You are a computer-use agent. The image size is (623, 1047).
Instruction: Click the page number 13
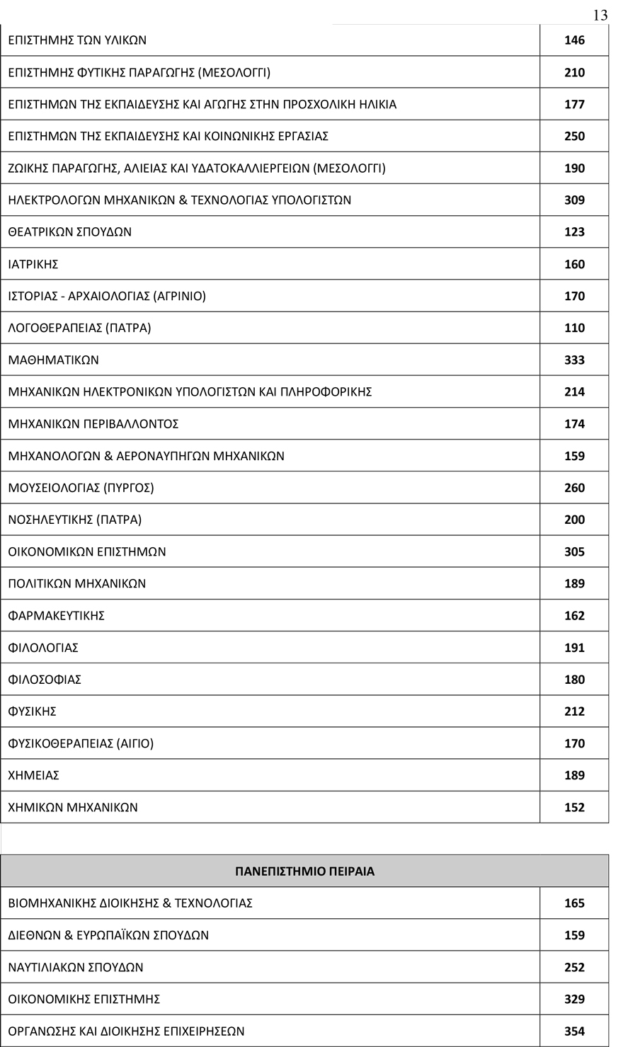pyautogui.click(x=600, y=16)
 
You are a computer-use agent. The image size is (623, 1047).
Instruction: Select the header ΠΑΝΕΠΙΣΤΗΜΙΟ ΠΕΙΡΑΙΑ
pyautogui.click(x=304, y=871)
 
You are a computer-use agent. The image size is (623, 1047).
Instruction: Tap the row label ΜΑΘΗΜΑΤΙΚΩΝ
pyautogui.click(x=53, y=360)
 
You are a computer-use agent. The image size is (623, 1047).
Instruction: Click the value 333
pyautogui.click(x=574, y=360)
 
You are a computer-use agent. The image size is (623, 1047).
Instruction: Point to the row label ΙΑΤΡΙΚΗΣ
pyautogui.click(x=33, y=264)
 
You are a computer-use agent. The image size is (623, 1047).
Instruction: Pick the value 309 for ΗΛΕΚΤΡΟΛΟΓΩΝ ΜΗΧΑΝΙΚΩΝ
pyautogui.click(x=574, y=200)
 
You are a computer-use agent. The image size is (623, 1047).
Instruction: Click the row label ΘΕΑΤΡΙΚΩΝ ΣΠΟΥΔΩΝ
pyautogui.click(x=69, y=231)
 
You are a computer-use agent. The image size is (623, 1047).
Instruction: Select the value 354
pyautogui.click(x=574, y=1031)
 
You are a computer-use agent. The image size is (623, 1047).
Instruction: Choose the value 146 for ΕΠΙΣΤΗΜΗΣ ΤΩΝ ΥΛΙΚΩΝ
pyautogui.click(x=574, y=40)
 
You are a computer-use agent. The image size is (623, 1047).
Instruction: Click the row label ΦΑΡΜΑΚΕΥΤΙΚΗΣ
pyautogui.click(x=56, y=615)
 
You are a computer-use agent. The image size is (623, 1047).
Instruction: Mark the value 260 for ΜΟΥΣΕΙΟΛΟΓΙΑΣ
pyautogui.click(x=574, y=488)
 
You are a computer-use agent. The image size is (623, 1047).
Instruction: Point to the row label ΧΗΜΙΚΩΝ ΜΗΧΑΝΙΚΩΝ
pyautogui.click(x=73, y=807)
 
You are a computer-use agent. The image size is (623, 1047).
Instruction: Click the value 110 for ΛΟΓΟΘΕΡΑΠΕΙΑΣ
pyautogui.click(x=574, y=328)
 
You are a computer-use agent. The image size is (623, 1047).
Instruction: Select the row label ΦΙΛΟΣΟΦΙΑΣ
pyautogui.click(x=45, y=680)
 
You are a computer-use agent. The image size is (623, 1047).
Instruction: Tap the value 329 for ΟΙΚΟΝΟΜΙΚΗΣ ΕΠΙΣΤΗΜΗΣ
pyautogui.click(x=574, y=999)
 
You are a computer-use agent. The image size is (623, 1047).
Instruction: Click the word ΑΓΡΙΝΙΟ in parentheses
pyautogui.click(x=179, y=296)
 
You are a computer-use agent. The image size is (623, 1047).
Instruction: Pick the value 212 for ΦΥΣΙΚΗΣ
pyautogui.click(x=574, y=711)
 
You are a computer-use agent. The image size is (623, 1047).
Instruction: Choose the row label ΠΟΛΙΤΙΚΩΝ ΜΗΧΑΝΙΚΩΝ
pyautogui.click(x=76, y=583)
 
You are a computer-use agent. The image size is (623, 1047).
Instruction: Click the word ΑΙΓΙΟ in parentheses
pyautogui.click(x=134, y=743)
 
